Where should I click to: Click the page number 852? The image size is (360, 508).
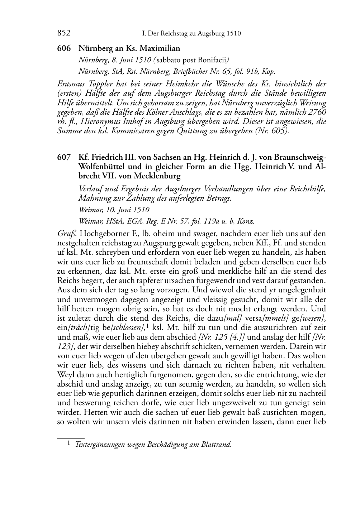pos(64,33)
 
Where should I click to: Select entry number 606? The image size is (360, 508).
pos(64,48)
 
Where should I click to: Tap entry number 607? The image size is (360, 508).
pos(64,158)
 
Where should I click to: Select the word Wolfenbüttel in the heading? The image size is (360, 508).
pos(101,167)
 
